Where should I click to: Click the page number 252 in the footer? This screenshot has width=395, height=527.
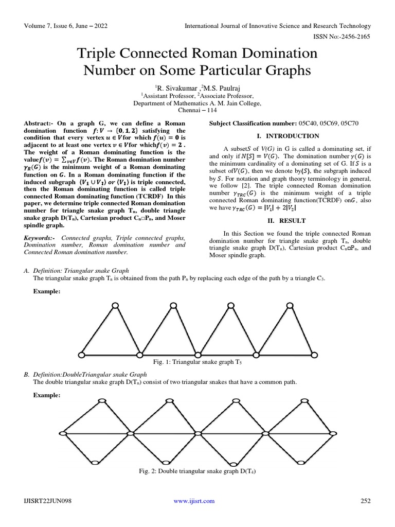(x=363, y=501)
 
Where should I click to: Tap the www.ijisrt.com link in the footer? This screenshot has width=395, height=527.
(x=194, y=501)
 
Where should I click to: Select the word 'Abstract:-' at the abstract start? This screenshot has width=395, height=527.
(x=39, y=125)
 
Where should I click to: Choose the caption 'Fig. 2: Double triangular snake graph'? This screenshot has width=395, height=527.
(x=197, y=471)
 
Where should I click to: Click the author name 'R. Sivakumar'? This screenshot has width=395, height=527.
(x=173, y=88)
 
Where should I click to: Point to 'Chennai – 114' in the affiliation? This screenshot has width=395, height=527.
(x=197, y=110)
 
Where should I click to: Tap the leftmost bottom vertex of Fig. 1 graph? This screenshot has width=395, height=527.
(x=81, y=354)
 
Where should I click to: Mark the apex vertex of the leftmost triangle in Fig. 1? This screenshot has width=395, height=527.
(x=116, y=306)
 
